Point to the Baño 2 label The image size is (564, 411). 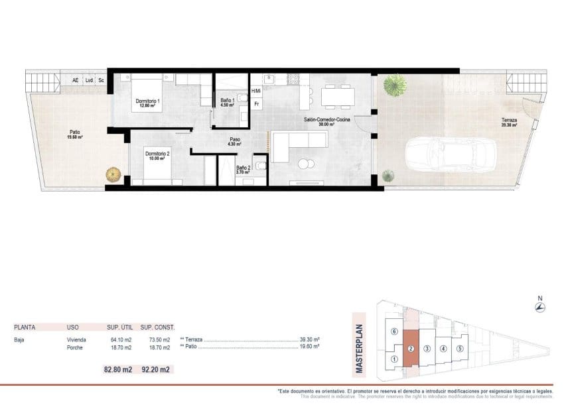[x=244, y=170]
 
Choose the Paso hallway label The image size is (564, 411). [x=234, y=141]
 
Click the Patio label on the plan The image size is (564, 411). [x=75, y=135]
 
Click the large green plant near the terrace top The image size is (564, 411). [x=395, y=84]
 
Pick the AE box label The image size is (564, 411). [x=75, y=80]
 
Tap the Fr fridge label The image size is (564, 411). [x=256, y=104]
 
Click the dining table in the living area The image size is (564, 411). [x=336, y=97]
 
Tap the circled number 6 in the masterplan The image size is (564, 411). [x=394, y=331]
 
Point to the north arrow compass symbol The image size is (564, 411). [x=539, y=308]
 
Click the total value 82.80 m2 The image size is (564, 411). [x=118, y=369]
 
